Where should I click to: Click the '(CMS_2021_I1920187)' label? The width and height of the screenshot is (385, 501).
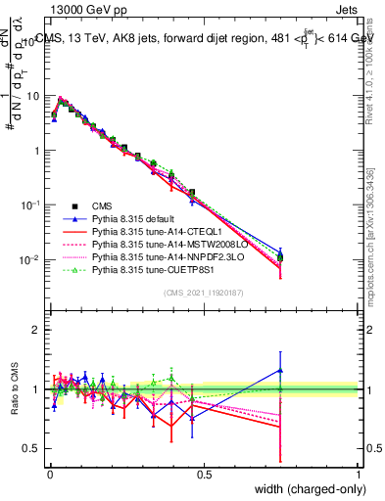pos(203,294)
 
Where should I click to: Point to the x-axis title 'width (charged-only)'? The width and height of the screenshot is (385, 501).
pos(303,490)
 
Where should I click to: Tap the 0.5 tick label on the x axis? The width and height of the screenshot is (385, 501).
pos(204,474)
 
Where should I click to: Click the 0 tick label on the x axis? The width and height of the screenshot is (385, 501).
pos(50,474)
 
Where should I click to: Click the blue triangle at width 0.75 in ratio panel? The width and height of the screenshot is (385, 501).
pos(280,370)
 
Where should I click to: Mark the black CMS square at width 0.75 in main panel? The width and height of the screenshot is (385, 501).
pos(280,258)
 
